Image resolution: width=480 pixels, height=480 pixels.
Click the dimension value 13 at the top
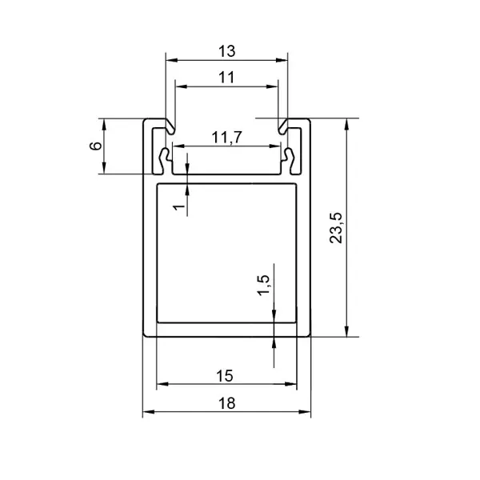(227, 51)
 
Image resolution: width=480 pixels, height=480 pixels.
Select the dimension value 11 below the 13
(226, 78)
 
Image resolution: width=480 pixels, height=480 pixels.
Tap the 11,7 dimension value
(227, 138)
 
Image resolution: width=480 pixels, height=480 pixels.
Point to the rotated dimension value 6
(95, 146)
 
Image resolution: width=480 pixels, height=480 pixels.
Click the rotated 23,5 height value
(336, 227)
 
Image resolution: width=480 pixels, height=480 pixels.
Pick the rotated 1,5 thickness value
(264, 285)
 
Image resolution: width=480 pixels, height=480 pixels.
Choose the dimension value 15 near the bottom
(225, 376)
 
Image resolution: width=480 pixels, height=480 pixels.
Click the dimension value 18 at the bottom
(227, 403)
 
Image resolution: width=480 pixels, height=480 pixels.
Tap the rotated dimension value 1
(180, 207)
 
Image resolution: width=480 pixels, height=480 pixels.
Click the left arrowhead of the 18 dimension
(148, 412)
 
